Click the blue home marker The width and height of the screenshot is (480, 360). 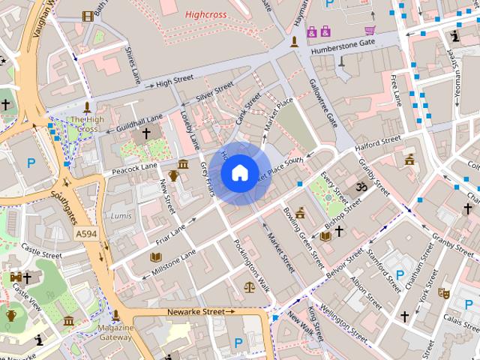pyautogui.click(x=238, y=173)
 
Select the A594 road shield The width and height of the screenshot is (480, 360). pyautogui.click(x=86, y=235)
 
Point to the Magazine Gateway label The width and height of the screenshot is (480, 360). pyautogui.click(x=115, y=332)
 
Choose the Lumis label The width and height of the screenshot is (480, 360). pyautogui.click(x=121, y=215)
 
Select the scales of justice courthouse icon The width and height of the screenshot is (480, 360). pyautogui.click(x=249, y=286)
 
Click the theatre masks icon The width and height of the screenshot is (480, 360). pyautogui.click(x=444, y=293)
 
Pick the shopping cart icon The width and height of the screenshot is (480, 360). pyautogui.click(x=370, y=30)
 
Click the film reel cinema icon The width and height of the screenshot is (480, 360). pyautogui.click(x=88, y=16)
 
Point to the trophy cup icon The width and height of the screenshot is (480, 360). pyautogui.click(x=173, y=175)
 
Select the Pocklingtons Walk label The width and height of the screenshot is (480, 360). pyautogui.click(x=251, y=263)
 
